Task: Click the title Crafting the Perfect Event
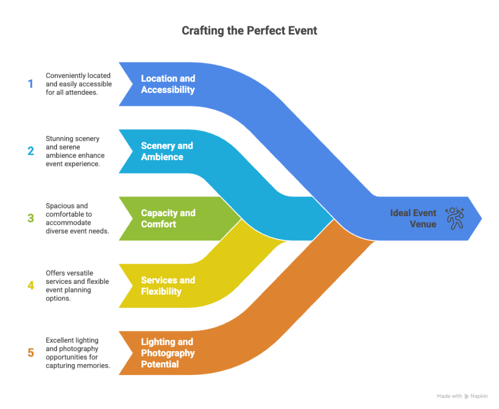pyautogui.click(x=249, y=31)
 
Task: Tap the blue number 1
pyautogui.click(x=31, y=84)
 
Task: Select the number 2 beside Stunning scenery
pyautogui.click(x=31, y=151)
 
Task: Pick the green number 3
pyautogui.click(x=31, y=218)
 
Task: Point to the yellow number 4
pyautogui.click(x=31, y=285)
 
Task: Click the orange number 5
pyautogui.click(x=31, y=353)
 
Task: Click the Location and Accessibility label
pyautogui.click(x=168, y=84)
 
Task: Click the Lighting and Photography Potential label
pyautogui.click(x=167, y=353)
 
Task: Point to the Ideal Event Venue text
pyautogui.click(x=413, y=218)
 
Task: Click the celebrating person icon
pyautogui.click(x=455, y=218)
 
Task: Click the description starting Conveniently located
pyautogui.click(x=79, y=84)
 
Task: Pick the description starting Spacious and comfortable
pyautogui.click(x=77, y=218)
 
